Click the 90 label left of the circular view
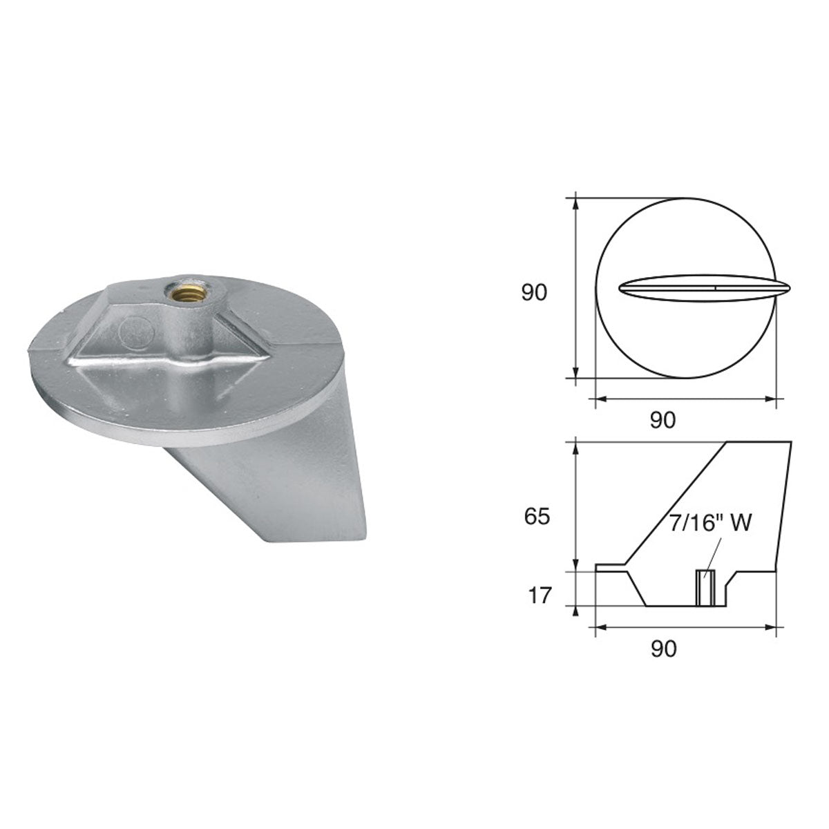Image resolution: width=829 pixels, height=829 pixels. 533,293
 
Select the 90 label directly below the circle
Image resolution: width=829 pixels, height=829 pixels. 663,419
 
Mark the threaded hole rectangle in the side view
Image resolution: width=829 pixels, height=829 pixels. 705,588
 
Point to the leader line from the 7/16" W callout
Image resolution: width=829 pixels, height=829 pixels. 712,553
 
